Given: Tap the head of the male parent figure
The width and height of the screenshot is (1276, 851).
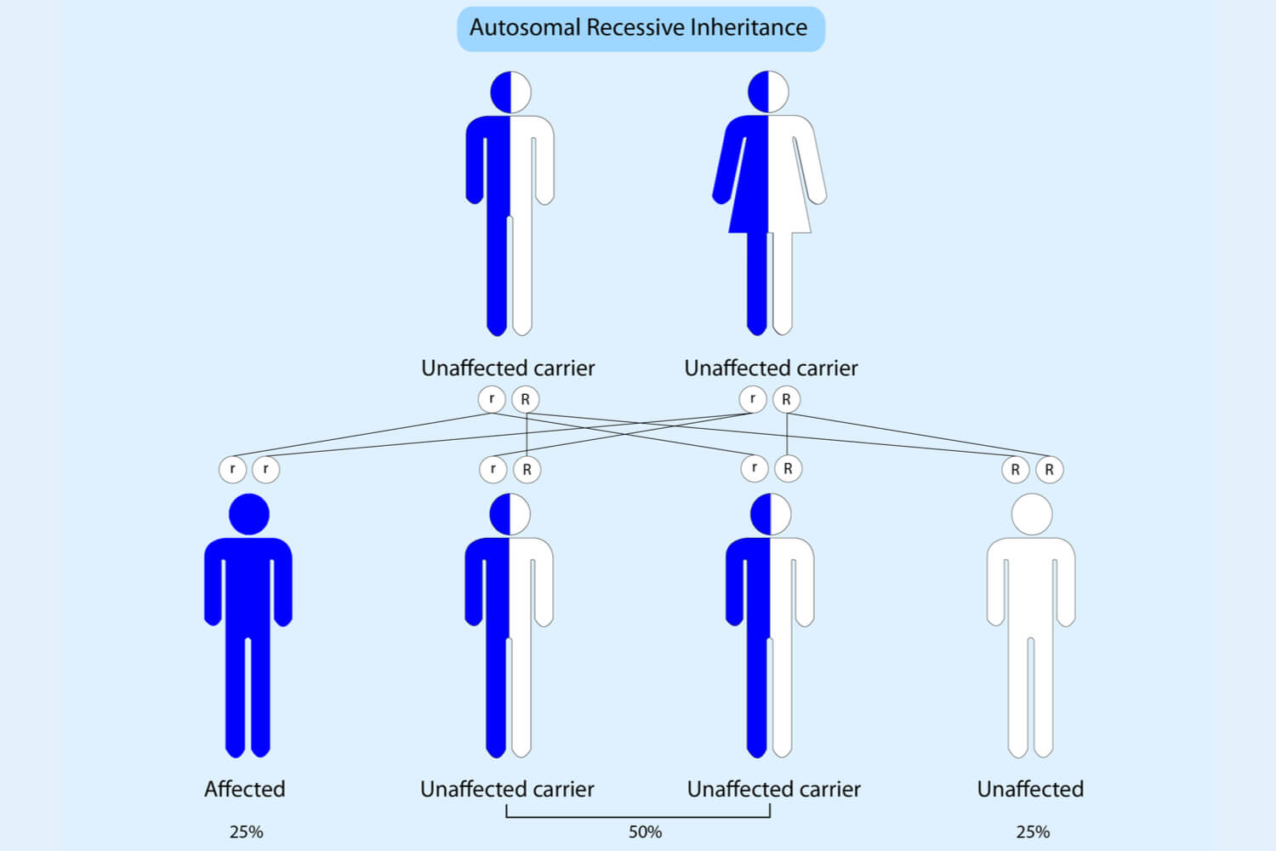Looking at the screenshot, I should point(510,92).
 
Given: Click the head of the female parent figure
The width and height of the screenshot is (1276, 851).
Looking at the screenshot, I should point(768,92).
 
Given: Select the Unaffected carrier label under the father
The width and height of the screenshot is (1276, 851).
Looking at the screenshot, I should point(508,368).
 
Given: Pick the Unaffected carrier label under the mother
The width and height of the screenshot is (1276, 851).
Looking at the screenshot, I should point(771,368).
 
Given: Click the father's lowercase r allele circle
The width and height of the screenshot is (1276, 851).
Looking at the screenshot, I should point(492,398).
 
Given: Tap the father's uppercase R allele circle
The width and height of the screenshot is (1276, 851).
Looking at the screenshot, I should point(526,399).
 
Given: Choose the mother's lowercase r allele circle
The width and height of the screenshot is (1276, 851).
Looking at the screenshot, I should point(752,398).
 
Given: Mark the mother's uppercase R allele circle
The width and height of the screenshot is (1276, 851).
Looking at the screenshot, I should point(786,399).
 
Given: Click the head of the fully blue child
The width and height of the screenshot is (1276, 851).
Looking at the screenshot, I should point(249,514).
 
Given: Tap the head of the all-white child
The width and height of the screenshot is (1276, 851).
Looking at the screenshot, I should point(1032,514).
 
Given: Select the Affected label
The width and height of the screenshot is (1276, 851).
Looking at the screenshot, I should point(244,789).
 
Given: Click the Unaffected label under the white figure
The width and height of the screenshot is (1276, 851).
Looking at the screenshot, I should point(1030,789).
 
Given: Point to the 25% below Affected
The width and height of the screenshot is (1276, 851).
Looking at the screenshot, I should point(246,831).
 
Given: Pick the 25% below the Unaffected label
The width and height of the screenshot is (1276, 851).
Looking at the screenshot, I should point(1033,831).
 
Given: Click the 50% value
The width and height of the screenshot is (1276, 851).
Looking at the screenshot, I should point(645,831).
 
